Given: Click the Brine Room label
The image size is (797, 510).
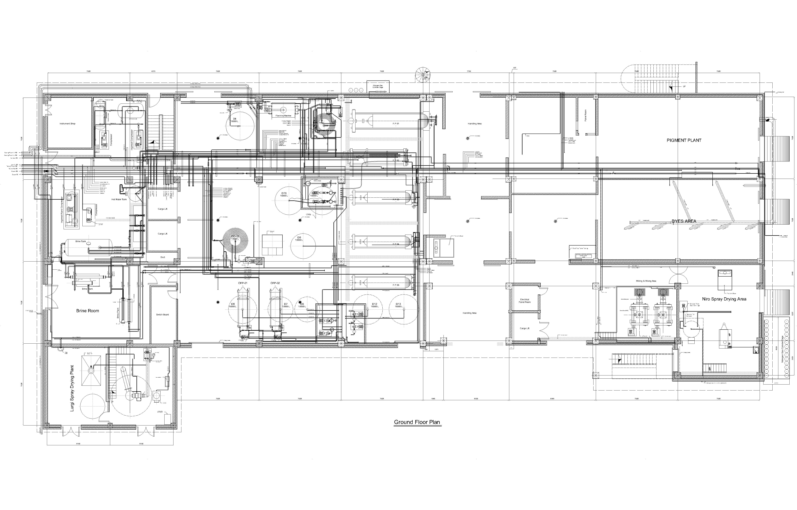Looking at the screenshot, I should tap(87, 311).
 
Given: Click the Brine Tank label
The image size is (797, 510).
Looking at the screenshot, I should tap(80, 241).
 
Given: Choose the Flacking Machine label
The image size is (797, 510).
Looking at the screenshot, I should tap(283, 116).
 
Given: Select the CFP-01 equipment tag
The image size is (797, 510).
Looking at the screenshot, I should tap(242, 283).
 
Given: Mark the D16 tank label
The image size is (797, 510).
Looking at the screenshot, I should tap(284, 193).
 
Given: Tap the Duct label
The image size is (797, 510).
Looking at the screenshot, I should tap(163, 257).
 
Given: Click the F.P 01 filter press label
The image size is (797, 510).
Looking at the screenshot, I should tap(396, 123).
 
